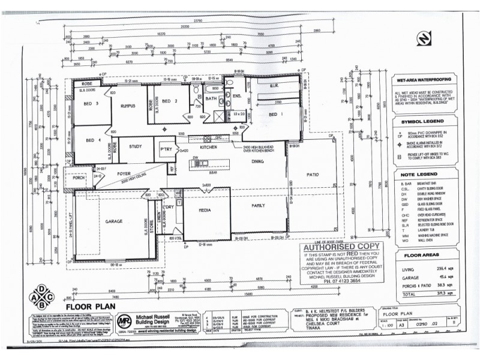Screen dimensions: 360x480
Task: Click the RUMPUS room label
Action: (129, 106)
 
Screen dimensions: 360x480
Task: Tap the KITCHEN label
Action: (208, 147)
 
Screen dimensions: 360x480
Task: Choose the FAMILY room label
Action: (258, 206)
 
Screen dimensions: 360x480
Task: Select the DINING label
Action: (259, 162)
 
